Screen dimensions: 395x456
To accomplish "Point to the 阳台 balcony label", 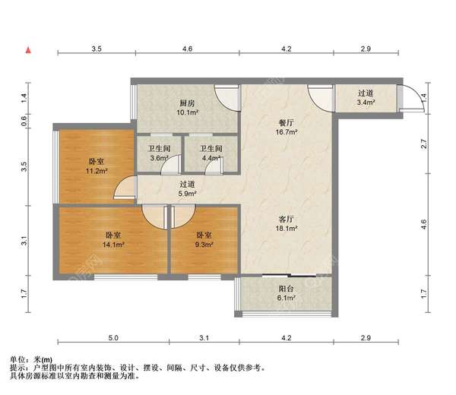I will tap(287, 289).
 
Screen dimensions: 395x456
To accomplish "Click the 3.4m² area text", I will tap(369, 104).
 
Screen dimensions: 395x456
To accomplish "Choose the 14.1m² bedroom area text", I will tap(114, 245).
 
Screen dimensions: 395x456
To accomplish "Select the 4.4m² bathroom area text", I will tap(211, 158).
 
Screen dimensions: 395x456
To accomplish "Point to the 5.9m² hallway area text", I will tap(187, 194).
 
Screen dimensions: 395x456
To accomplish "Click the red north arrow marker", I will tap(28, 50).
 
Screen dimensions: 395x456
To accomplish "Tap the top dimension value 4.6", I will tap(188, 49).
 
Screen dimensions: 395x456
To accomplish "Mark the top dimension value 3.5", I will tap(97, 49).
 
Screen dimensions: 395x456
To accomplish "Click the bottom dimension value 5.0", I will tap(112, 337).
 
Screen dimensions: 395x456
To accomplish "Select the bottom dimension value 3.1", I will tap(204, 337).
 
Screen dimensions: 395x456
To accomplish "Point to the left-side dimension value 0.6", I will tap(24, 120).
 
